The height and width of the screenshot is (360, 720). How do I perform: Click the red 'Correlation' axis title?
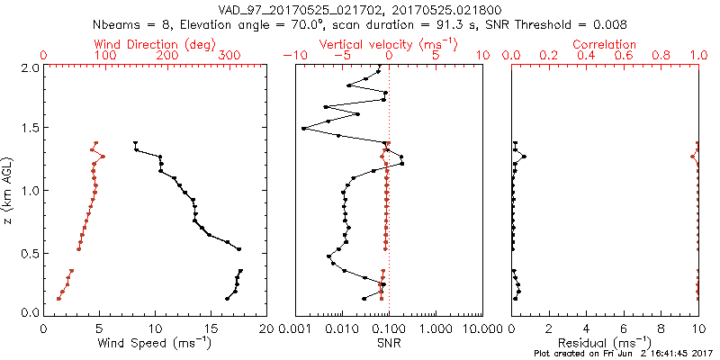point(606,44)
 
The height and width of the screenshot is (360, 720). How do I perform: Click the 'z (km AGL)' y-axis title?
point(8,190)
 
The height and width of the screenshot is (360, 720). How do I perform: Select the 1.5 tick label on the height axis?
point(30,129)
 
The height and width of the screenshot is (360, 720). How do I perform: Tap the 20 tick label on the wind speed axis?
point(266,329)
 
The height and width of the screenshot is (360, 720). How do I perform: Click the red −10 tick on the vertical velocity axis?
point(292,56)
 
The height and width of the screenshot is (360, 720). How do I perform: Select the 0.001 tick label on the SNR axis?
point(295,329)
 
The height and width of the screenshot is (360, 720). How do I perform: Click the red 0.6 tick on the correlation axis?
point(624,56)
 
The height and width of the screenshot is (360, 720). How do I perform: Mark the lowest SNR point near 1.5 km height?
point(303,128)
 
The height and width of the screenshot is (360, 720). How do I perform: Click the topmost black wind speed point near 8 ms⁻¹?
point(135,143)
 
